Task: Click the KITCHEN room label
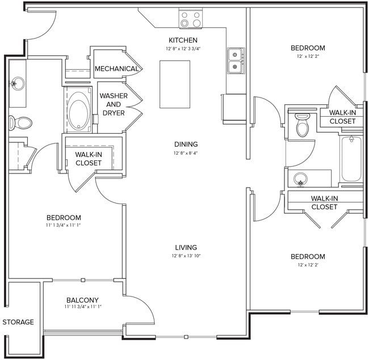coord(183,40)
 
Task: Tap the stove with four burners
coord(191,20)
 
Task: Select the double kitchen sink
coord(235,61)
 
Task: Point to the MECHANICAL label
coord(116,69)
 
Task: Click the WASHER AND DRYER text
coord(114,104)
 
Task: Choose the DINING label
coord(186,145)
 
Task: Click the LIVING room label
coord(186,247)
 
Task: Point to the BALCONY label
coord(82,300)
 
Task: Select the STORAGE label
coord(18,322)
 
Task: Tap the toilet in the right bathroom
coord(303,125)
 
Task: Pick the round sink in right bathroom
coord(301,180)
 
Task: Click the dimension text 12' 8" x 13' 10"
coord(186,256)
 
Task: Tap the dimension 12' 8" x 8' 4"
coord(186,153)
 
